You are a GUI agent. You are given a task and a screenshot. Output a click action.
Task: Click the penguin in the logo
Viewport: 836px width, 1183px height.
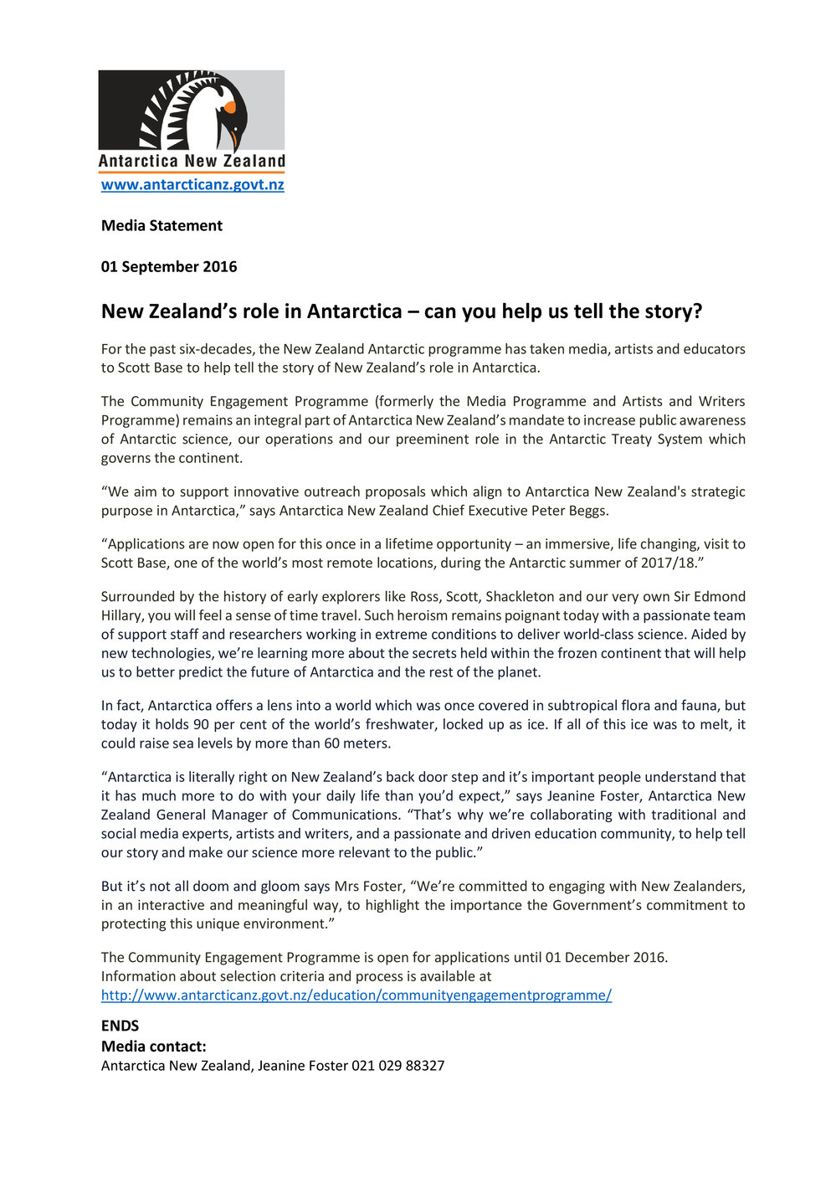click(213, 117)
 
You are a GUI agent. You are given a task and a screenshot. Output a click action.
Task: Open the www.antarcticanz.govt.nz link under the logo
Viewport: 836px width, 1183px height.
click(192, 185)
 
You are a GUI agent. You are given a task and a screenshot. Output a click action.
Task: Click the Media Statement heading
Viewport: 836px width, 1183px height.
click(162, 226)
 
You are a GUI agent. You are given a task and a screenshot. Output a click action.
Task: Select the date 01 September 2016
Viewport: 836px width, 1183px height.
click(169, 267)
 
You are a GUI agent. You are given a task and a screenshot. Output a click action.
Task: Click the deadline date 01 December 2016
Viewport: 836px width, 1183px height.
click(606, 958)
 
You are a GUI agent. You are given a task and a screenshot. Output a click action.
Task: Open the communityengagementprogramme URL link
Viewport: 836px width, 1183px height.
click(356, 995)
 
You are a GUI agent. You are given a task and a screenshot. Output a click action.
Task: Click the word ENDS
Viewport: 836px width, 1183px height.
click(121, 1026)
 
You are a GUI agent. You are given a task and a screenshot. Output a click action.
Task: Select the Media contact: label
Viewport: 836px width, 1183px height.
click(154, 1047)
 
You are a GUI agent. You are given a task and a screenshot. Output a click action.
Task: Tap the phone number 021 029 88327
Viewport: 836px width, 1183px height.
click(398, 1066)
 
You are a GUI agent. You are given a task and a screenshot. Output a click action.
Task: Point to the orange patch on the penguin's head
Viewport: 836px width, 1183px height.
click(229, 107)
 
